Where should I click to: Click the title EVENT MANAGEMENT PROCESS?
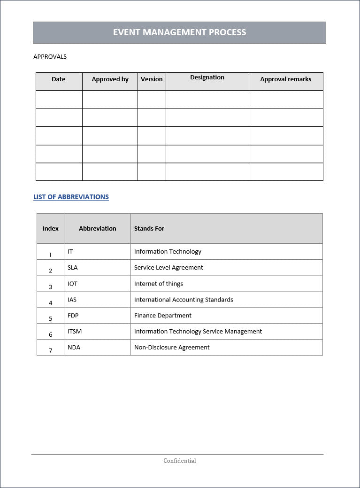click(179, 32)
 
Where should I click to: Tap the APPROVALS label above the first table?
click(50, 57)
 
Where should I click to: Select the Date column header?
click(59, 79)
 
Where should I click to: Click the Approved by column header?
click(110, 79)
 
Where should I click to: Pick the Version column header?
click(152, 79)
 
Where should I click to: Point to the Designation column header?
click(207, 77)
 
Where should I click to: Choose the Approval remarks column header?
click(285, 79)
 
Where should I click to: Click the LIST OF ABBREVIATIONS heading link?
click(71, 197)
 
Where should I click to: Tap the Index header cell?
click(51, 229)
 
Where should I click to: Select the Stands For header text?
click(149, 229)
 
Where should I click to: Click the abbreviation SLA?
click(72, 268)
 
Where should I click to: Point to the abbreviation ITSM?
click(75, 332)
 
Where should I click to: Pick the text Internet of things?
click(159, 284)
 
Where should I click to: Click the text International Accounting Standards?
click(184, 300)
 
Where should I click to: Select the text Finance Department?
click(163, 316)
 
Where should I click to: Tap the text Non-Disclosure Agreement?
click(172, 348)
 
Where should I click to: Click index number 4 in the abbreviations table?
click(51, 303)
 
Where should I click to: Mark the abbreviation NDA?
click(74, 348)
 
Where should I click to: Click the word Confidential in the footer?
click(180, 461)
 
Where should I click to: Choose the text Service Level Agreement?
click(169, 268)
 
